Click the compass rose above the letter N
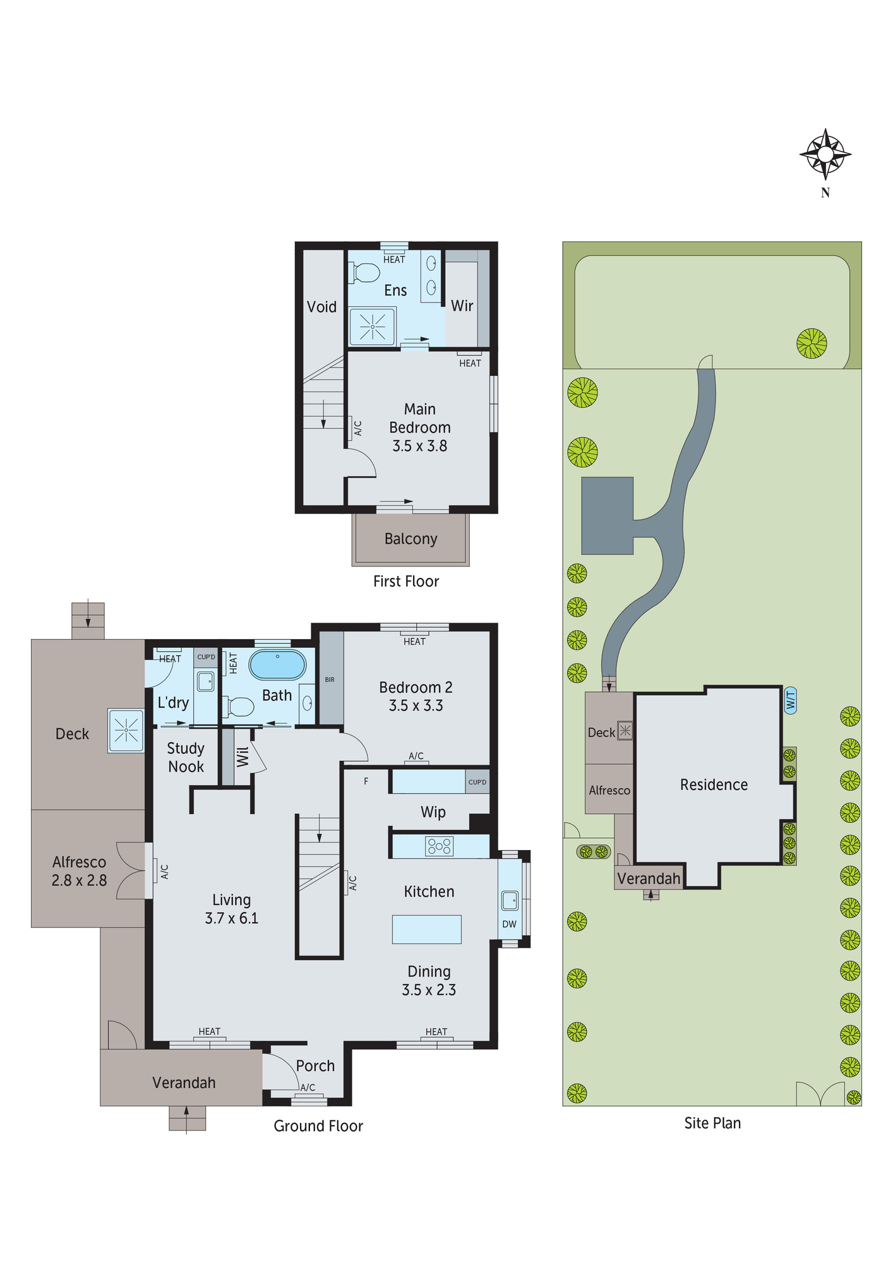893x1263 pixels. (825, 154)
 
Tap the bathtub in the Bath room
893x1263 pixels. (277, 665)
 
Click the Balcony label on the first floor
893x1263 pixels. (411, 539)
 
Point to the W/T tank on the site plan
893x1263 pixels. (790, 700)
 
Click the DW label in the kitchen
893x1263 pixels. (509, 924)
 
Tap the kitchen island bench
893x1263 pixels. (426, 929)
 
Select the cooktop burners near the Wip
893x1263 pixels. (439, 846)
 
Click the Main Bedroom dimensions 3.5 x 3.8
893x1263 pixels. (419, 446)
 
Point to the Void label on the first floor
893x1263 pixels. (321, 307)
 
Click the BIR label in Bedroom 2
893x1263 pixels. (330, 679)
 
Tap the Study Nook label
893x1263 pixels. (186, 757)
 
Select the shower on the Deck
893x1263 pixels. (126, 731)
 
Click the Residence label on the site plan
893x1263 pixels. (714, 784)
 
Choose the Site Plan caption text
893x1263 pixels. (712, 1123)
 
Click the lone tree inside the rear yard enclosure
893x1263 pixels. (812, 344)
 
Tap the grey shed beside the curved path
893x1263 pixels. (607, 515)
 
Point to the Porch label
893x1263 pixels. (315, 1065)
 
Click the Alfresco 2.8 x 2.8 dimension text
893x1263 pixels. (79, 880)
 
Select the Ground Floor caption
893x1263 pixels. (318, 1125)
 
